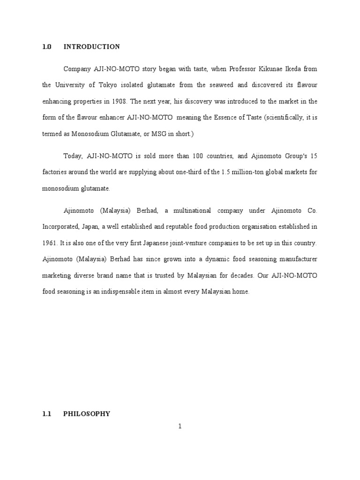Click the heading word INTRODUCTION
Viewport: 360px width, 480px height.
[91, 47]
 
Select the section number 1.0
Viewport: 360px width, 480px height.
[46, 47]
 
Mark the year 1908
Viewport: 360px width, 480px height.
[119, 101]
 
